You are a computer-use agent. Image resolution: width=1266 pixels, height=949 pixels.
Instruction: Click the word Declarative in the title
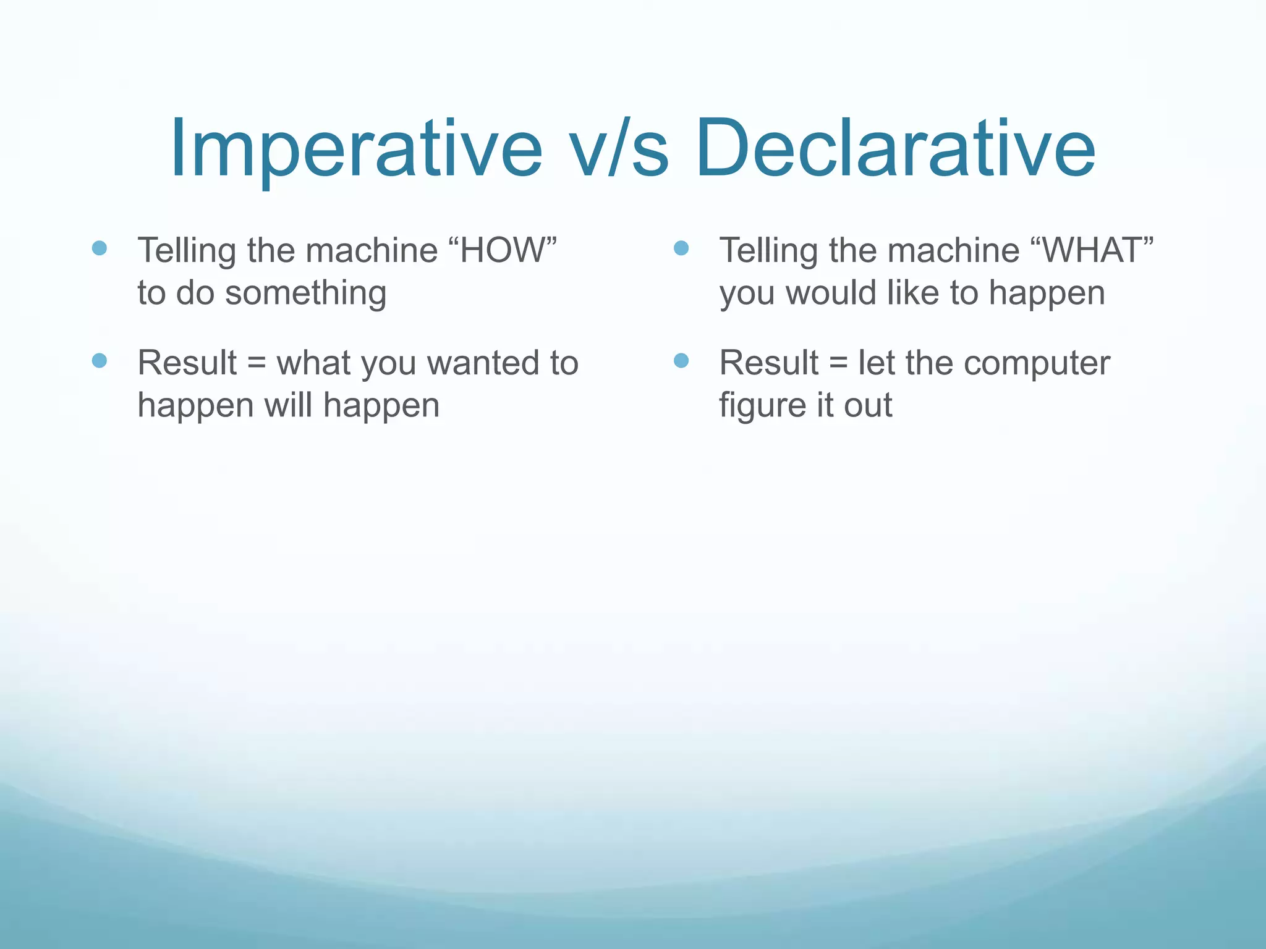point(894,148)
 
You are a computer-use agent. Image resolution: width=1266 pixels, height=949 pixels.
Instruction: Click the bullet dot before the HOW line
point(100,248)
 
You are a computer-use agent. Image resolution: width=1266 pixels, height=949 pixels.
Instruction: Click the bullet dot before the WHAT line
point(681,248)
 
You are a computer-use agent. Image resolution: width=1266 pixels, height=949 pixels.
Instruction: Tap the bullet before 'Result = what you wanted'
point(100,361)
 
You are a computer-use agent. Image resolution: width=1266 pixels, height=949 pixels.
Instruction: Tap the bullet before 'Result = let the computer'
point(681,361)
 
